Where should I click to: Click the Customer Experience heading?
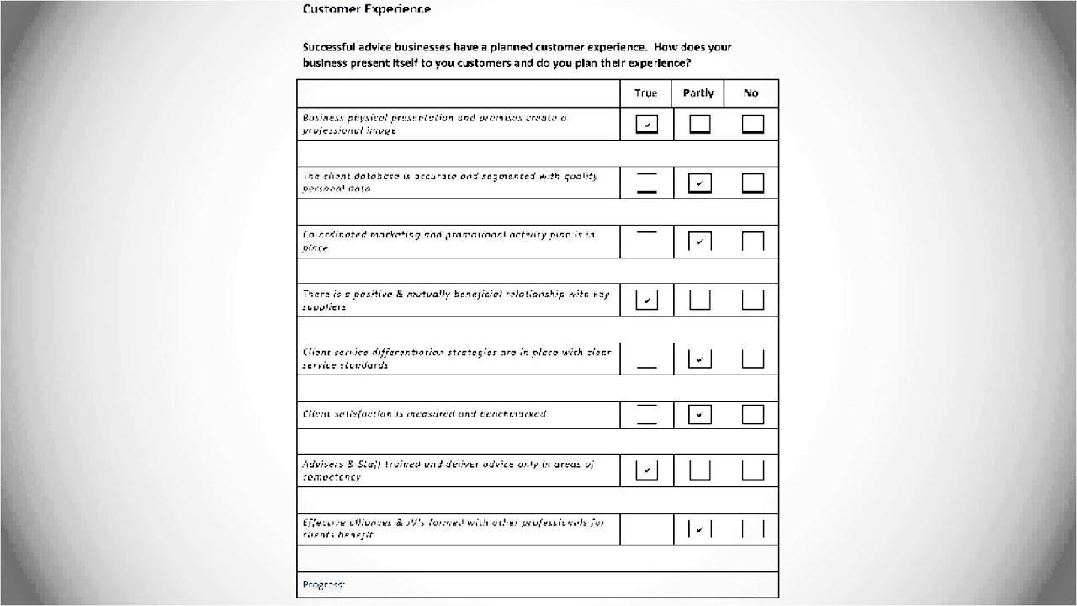(366, 9)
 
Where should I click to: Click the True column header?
(646, 93)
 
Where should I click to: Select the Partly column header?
(698, 93)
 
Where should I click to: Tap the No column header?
(751, 93)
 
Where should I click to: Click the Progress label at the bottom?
(323, 584)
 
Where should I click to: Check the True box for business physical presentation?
(646, 125)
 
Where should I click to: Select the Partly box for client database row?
(699, 183)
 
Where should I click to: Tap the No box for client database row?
(753, 183)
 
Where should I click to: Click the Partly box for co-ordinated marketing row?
(699, 242)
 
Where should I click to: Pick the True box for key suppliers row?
(646, 300)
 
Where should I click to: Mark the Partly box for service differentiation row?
(699, 359)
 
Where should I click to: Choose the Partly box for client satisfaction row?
(699, 414)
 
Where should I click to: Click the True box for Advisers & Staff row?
(646, 470)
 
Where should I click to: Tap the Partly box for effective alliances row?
(699, 529)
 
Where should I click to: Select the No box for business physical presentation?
(753, 125)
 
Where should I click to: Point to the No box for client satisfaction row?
(753, 414)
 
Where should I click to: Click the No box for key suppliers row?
(753, 300)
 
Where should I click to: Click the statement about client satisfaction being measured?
(424, 414)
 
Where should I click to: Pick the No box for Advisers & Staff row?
(753, 470)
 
